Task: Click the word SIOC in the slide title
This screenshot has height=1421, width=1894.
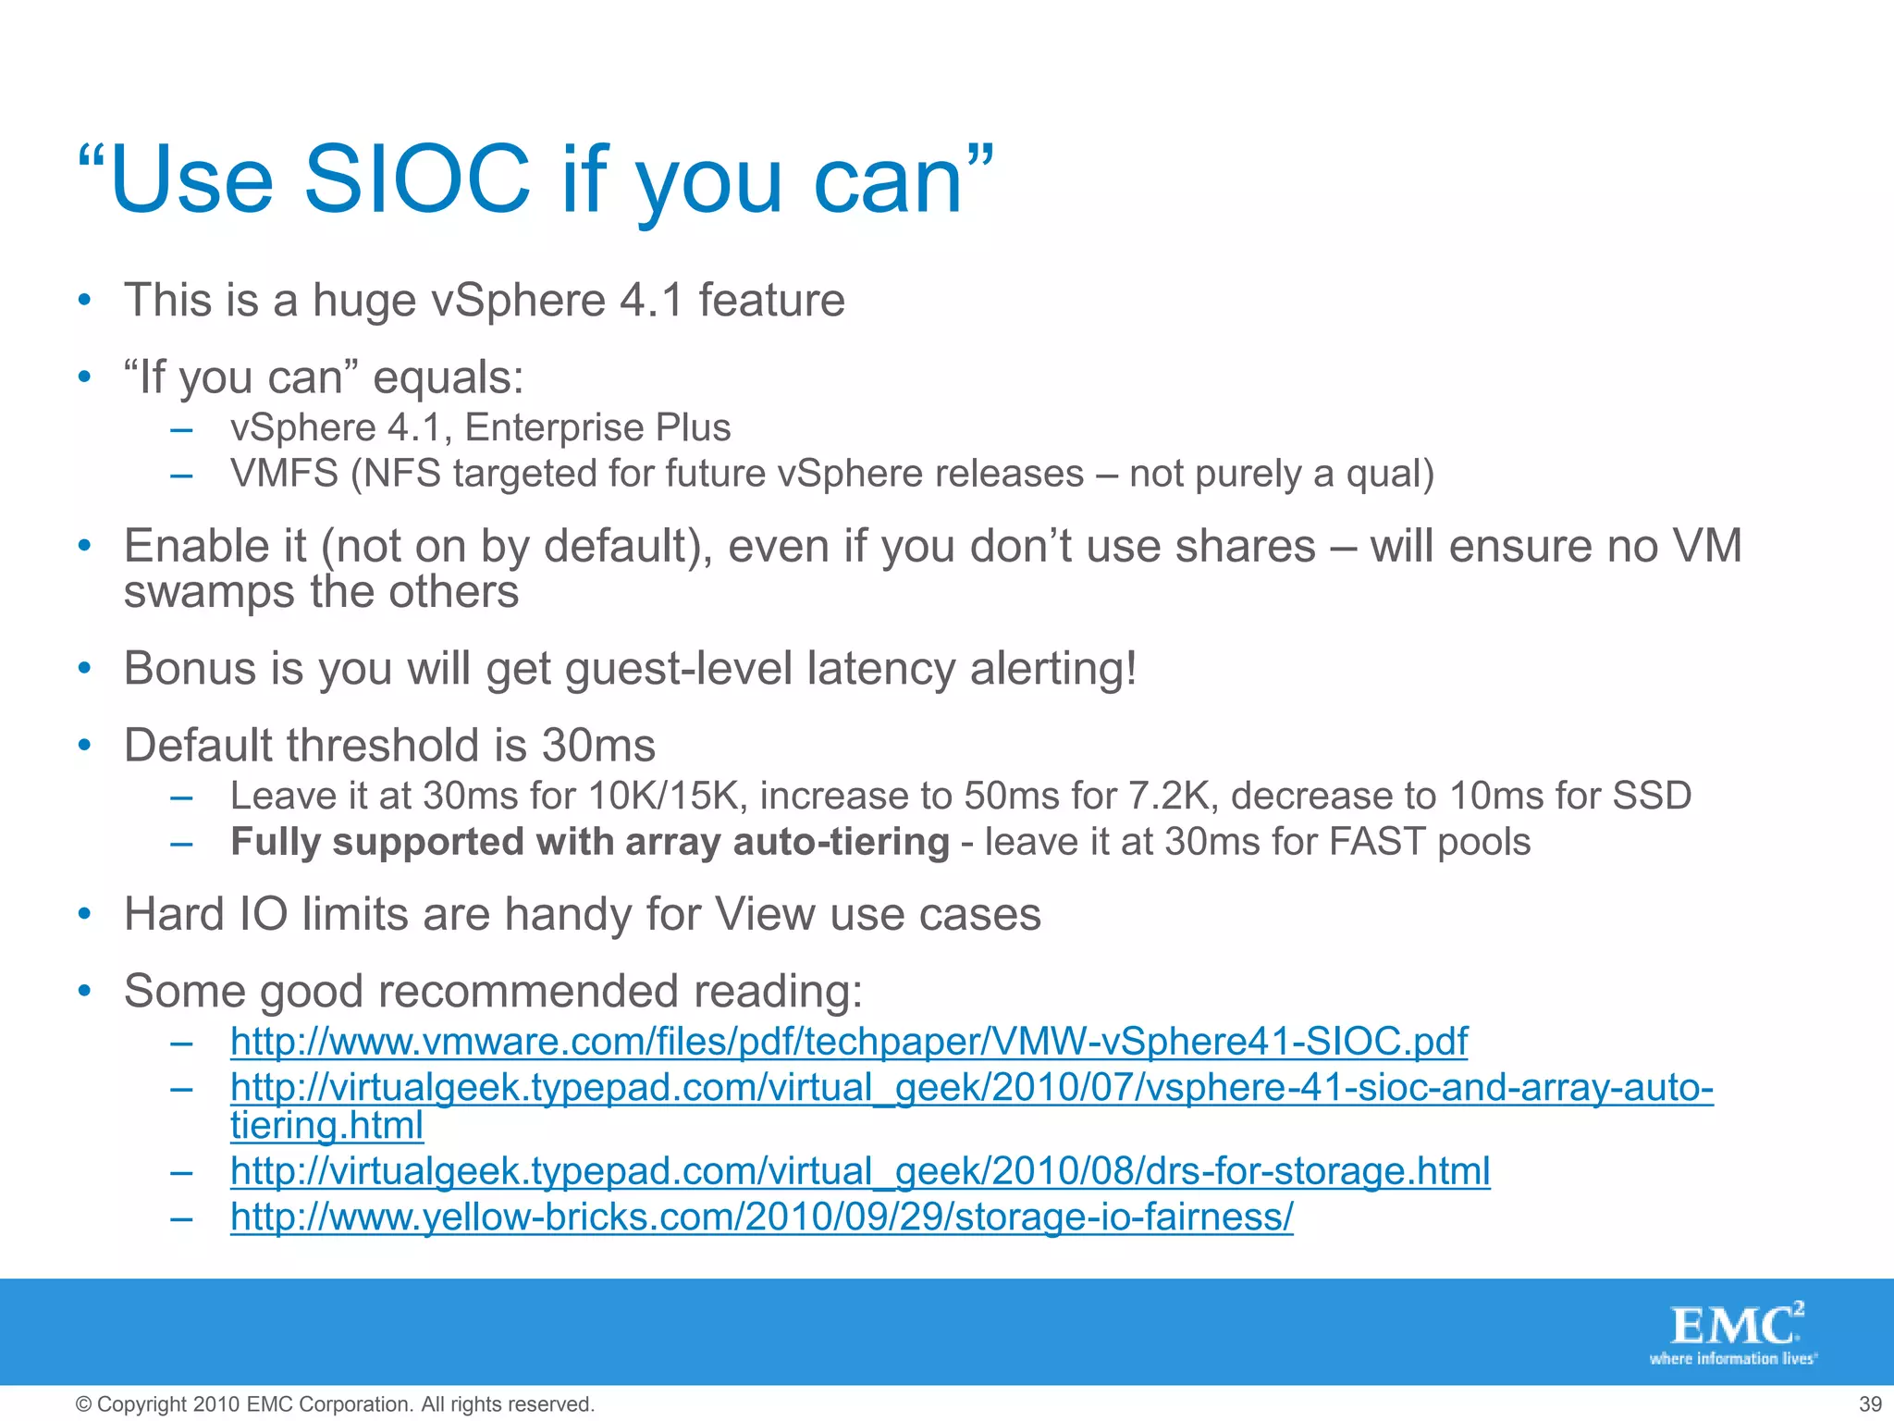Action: coord(416,180)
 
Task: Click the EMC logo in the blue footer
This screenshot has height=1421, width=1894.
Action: coord(1735,1325)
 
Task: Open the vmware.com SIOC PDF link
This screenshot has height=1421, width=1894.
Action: coord(848,1042)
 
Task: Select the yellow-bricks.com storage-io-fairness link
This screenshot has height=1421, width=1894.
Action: coord(761,1217)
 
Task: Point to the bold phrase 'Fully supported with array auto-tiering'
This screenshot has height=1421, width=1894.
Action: coord(589,842)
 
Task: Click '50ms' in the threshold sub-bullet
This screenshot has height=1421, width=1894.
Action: coord(1012,796)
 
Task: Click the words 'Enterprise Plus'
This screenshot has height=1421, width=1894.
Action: coord(597,427)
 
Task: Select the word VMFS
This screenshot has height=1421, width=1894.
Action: coord(284,474)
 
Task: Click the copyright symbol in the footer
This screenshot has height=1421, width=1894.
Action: coord(83,1404)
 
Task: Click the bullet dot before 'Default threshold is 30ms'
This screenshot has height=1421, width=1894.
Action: coord(85,745)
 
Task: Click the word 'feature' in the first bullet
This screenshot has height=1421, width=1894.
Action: coord(771,300)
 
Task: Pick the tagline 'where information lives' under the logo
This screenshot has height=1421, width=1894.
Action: coord(1732,1359)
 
